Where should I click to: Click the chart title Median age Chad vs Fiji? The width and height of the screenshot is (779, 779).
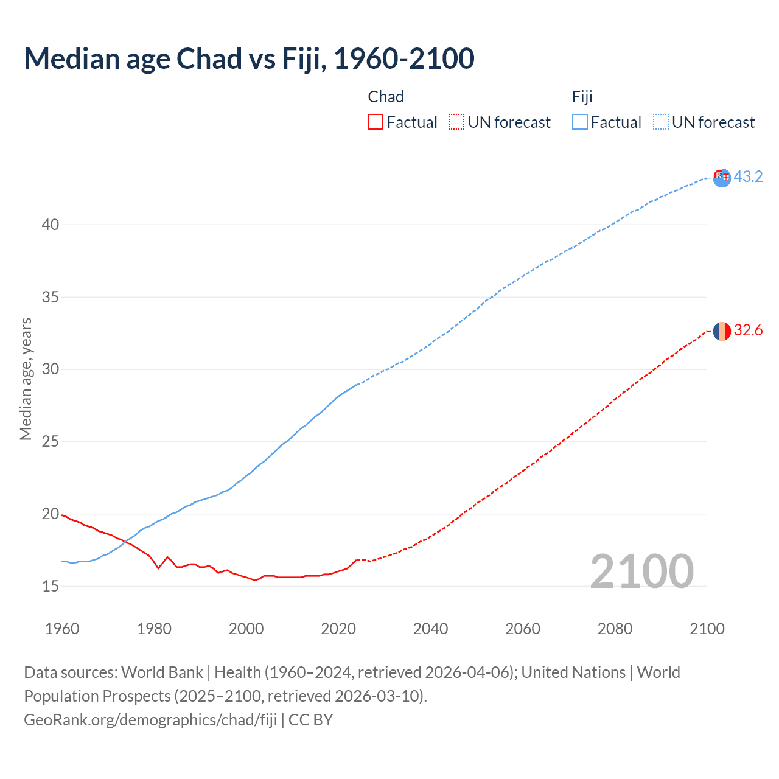[249, 59]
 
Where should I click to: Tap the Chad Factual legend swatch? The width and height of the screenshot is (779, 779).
[376, 122]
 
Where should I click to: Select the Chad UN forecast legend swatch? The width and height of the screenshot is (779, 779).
[456, 122]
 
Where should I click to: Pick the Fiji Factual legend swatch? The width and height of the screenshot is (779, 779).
[580, 122]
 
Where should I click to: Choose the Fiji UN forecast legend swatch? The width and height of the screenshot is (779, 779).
[661, 122]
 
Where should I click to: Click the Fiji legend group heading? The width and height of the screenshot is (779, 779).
[582, 97]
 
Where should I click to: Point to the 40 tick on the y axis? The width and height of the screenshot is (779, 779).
[51, 225]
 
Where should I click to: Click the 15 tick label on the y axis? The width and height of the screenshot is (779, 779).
[51, 587]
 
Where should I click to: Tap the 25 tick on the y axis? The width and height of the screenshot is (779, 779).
[51, 442]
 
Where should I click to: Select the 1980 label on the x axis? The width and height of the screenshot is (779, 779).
[154, 629]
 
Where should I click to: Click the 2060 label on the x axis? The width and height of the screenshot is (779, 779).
[523, 629]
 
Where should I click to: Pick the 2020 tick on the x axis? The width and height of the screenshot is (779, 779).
[338, 629]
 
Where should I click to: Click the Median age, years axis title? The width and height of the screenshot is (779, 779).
[26, 379]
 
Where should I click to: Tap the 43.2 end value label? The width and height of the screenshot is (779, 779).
[748, 177]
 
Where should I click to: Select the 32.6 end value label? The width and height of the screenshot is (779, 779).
[748, 330]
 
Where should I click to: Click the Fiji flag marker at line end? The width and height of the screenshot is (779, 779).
[722, 178]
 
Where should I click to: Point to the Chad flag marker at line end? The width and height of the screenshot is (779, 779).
[722, 331]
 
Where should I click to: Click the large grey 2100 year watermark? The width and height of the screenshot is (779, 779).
[641, 571]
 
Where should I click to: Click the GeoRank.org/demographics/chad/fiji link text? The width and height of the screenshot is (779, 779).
[150, 720]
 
